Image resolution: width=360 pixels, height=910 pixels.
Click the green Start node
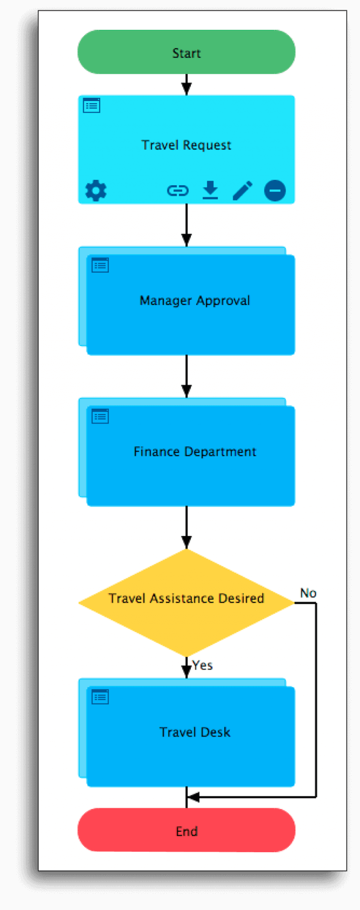click(186, 52)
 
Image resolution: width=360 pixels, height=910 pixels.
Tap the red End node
click(186, 831)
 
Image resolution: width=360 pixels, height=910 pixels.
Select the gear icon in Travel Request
click(96, 191)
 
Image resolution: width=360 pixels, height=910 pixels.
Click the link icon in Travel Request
click(178, 191)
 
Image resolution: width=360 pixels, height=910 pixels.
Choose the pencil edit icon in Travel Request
click(242, 191)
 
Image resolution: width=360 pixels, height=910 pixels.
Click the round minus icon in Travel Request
click(275, 191)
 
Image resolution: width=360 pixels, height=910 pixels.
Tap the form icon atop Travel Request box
click(91, 105)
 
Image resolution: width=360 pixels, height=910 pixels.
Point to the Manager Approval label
click(195, 301)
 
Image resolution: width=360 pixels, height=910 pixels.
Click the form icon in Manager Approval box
click(100, 265)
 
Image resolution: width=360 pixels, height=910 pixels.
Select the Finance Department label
click(195, 451)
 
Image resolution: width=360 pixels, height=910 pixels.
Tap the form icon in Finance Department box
click(100, 416)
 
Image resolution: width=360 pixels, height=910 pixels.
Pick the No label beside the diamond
click(308, 593)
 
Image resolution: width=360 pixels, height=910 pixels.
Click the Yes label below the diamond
click(202, 665)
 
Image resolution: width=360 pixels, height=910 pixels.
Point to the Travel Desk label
click(195, 732)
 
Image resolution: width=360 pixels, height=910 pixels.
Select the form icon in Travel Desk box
click(100, 697)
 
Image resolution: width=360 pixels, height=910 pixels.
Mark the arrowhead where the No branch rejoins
click(193, 797)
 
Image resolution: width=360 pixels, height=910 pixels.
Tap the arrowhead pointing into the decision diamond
click(186, 542)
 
